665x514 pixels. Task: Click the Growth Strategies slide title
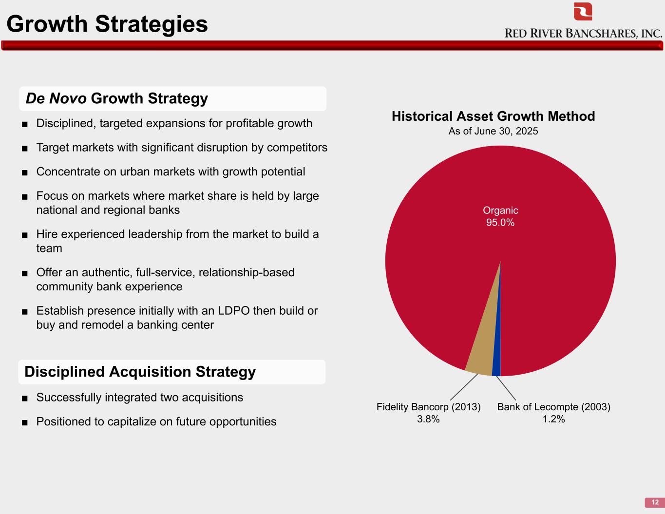tap(107, 24)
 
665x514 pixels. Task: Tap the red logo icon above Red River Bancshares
tap(583, 12)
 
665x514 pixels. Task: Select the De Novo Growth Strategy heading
tap(116, 98)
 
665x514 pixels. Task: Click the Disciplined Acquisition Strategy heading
tap(140, 372)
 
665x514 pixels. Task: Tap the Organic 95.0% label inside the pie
tap(500, 216)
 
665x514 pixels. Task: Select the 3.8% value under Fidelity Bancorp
tap(428, 419)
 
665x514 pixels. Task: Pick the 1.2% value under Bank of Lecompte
tap(553, 419)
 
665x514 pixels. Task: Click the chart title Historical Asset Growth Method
tap(494, 116)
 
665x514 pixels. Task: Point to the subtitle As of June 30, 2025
tap(494, 131)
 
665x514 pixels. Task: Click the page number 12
tap(655, 502)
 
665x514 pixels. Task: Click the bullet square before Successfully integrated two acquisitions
tap(25, 399)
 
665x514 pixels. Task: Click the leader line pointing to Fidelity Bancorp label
tap(464, 387)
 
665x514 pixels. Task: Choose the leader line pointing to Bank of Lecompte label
tap(506, 388)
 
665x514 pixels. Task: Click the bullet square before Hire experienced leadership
tap(25, 235)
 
